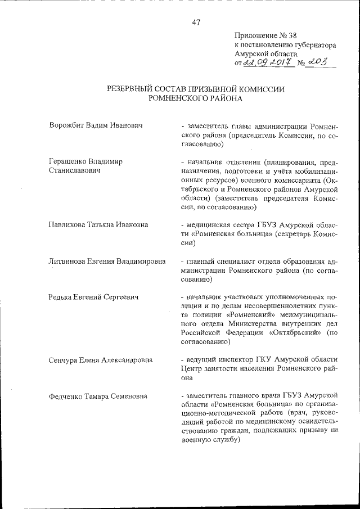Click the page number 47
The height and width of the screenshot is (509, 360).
tap(196, 22)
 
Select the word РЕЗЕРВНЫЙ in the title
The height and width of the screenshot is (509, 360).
tap(131, 89)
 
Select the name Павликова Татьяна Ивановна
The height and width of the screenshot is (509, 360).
tap(98, 224)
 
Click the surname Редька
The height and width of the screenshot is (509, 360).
tap(61, 296)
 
